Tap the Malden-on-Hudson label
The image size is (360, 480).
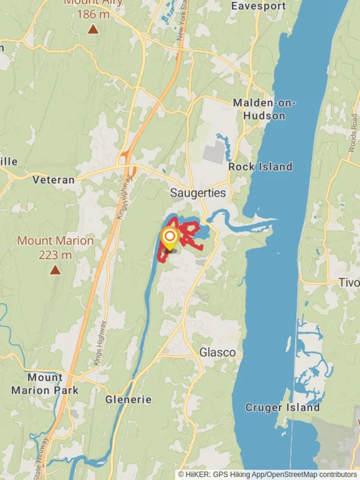click(265, 109)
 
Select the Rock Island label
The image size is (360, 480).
click(260, 167)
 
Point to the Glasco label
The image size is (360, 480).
click(217, 352)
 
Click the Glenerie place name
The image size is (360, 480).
click(128, 400)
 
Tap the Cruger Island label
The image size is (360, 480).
click(282, 407)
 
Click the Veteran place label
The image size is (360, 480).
click(53, 180)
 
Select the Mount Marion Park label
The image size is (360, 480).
click(45, 384)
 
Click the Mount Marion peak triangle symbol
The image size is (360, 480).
click(55, 270)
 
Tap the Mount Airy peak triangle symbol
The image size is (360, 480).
click(93, 30)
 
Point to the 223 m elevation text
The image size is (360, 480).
click(55, 255)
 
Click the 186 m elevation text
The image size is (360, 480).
click(93, 14)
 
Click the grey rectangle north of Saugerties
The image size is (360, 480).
click(214, 152)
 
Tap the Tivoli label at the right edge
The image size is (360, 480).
click(349, 282)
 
